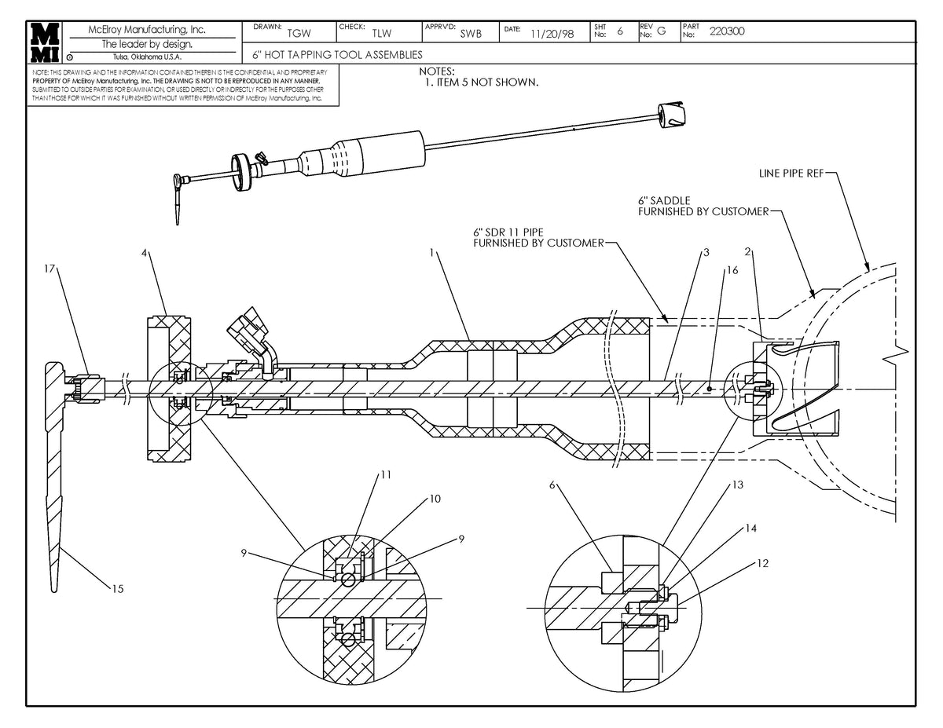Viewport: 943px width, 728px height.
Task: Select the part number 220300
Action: (727, 32)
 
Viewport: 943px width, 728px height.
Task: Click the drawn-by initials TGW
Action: (299, 34)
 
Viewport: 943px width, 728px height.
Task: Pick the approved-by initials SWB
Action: (471, 34)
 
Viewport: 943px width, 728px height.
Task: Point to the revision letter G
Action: (661, 32)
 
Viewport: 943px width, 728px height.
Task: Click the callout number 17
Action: (50, 269)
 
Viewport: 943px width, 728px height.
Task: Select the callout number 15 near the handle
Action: (117, 587)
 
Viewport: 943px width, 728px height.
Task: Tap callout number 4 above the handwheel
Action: (144, 252)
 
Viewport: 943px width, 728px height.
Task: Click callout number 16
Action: (732, 269)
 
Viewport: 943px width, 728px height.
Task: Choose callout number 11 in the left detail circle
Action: (386, 475)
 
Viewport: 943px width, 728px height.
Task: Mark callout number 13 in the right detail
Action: (737, 485)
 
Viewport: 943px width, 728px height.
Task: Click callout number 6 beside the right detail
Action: (552, 485)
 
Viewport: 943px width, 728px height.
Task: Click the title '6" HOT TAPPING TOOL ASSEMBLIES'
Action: (337, 55)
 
